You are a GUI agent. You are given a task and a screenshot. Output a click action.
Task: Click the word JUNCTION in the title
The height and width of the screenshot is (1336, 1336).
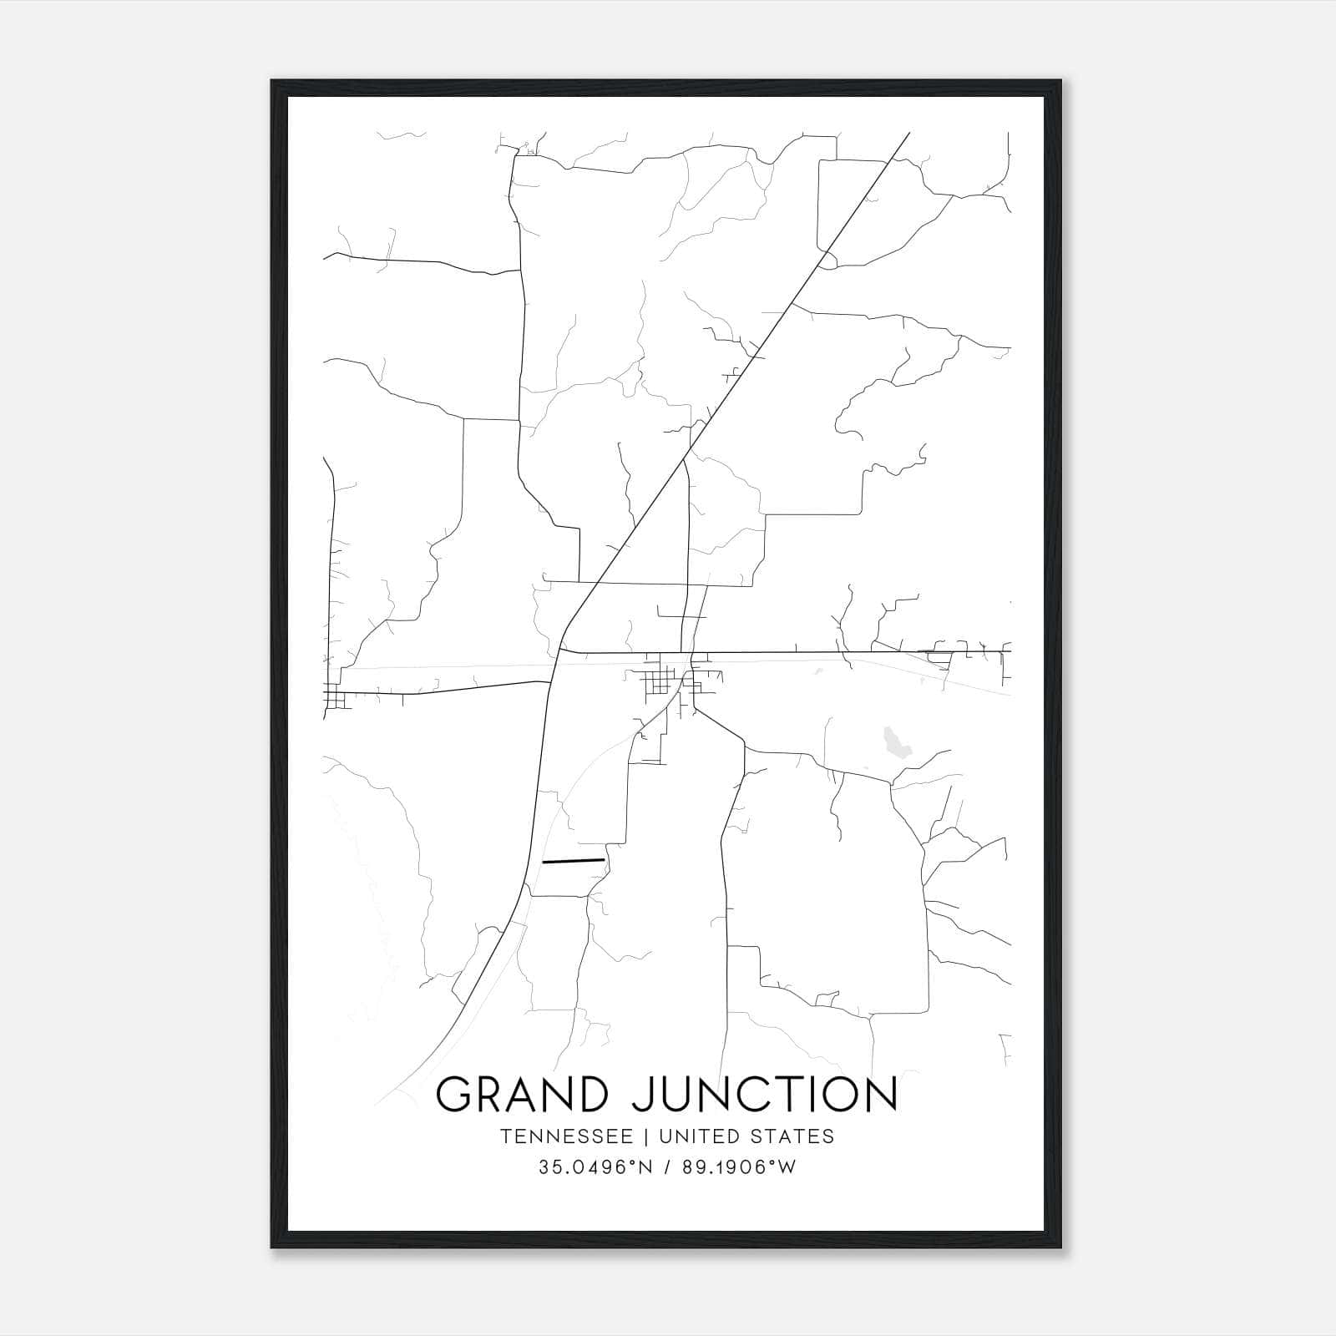[x=764, y=1095]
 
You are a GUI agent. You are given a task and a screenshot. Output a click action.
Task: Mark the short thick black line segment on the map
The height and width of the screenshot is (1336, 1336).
[x=573, y=860]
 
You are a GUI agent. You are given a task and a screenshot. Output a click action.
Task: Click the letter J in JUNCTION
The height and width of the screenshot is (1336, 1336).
[x=642, y=1095]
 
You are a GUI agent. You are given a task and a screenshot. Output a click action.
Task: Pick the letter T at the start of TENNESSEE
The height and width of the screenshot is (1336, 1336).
[x=506, y=1136]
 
